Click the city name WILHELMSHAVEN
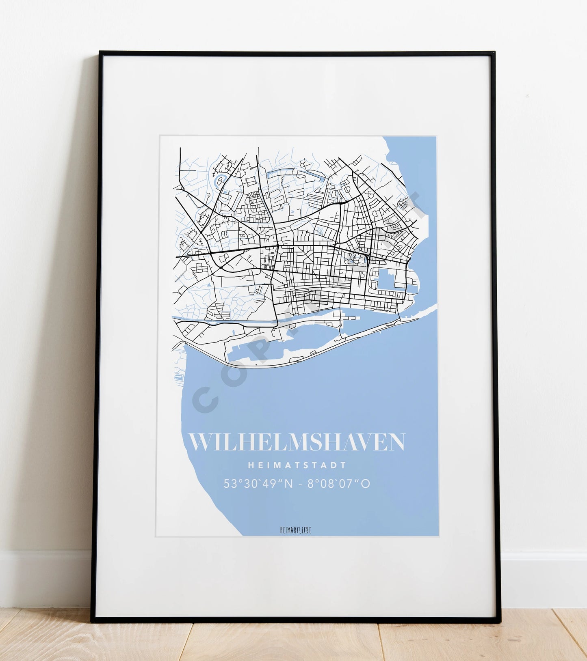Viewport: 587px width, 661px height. (x=297, y=442)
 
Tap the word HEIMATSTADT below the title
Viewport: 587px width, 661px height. (x=297, y=465)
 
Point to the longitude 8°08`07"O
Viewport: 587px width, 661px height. (x=339, y=484)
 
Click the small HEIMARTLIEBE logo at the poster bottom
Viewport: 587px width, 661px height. (x=296, y=530)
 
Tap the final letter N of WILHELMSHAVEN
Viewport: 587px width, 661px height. (x=396, y=442)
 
